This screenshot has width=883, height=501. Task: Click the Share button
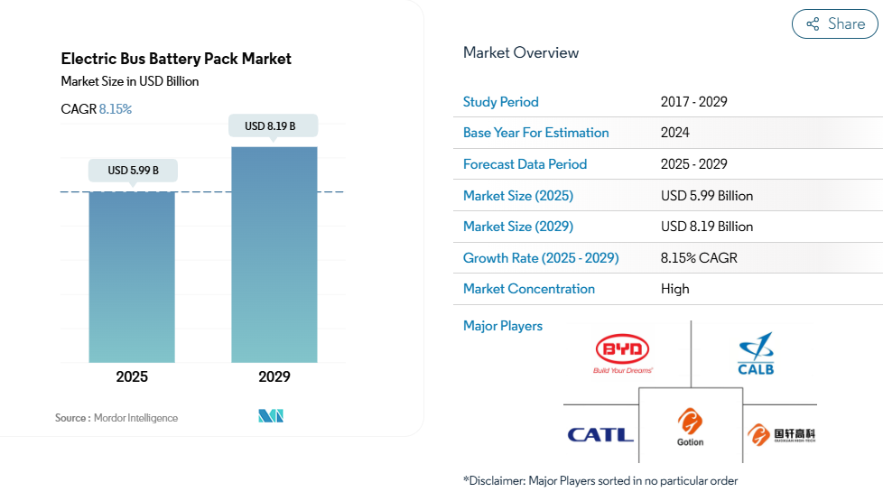pos(835,24)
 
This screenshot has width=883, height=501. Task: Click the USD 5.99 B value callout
pos(133,170)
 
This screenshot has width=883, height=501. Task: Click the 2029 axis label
pos(274,376)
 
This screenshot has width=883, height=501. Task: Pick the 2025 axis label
pos(132,376)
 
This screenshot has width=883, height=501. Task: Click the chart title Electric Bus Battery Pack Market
pos(176,59)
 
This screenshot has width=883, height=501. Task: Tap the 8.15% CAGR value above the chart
pos(115,109)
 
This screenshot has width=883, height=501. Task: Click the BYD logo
pos(623,353)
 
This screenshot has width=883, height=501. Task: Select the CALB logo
pos(755,354)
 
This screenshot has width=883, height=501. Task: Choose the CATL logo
pos(600,435)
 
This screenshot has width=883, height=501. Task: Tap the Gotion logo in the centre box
pos(690,427)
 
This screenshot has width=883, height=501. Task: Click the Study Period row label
pos(500,102)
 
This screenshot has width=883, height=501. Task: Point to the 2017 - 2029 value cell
pos(693,102)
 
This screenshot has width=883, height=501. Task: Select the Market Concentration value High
pos(674,289)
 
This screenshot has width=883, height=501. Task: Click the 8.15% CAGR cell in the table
pos(699,258)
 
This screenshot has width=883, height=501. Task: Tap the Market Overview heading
pos(521,52)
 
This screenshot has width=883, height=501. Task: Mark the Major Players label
pos(503,326)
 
